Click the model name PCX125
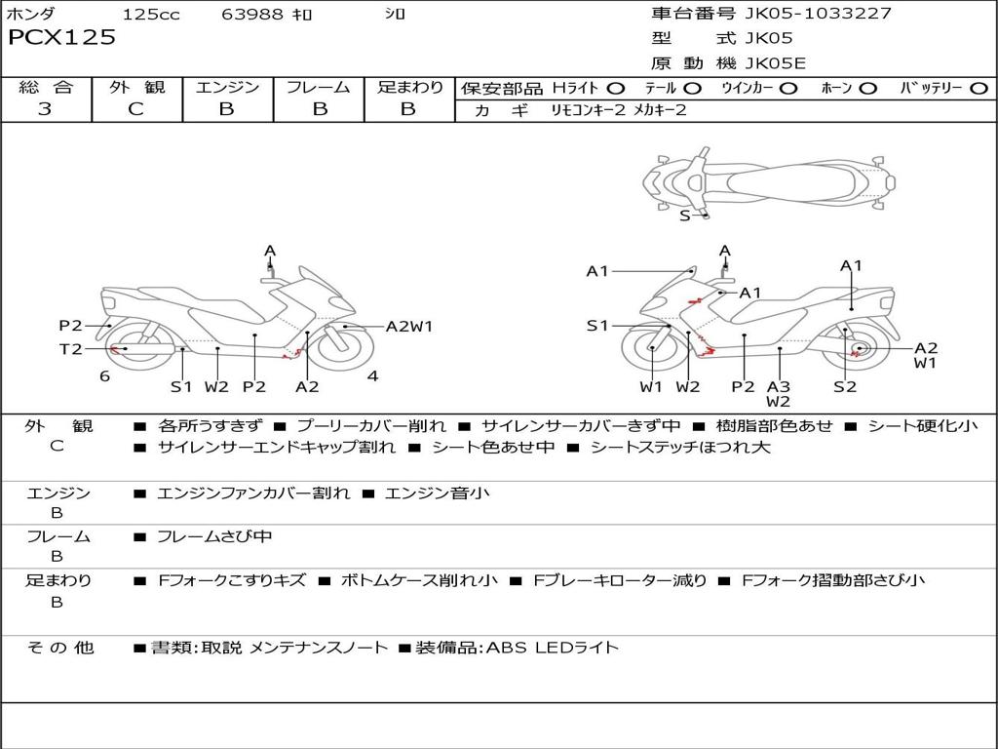point(61,37)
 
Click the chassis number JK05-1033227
point(818,13)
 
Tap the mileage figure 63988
point(251,14)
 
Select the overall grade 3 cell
point(45,108)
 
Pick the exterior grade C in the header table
point(135,108)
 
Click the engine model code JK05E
point(775,63)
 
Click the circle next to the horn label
point(867,89)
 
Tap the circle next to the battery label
point(979,89)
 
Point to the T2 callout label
point(70,349)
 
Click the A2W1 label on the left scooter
point(409,326)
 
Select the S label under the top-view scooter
point(685,216)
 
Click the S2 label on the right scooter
point(845,386)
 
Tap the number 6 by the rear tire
point(105,376)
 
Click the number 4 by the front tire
point(373,376)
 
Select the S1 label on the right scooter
point(597,326)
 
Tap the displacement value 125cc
point(151,14)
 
